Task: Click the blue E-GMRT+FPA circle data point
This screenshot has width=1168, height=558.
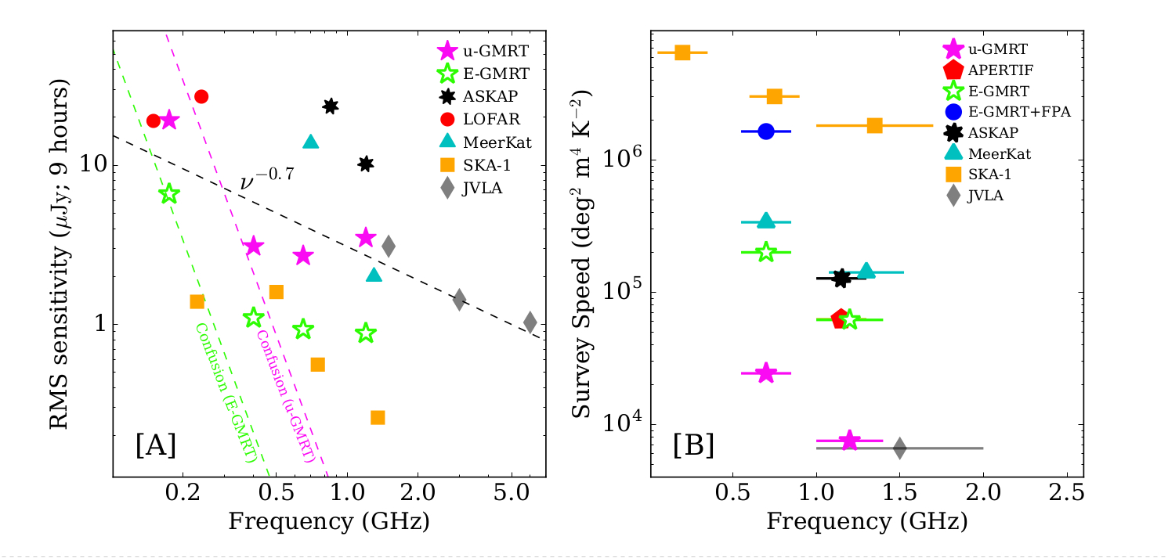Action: [x=766, y=131]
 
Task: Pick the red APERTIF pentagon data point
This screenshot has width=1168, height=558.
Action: [x=840, y=319]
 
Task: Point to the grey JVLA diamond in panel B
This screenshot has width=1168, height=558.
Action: [x=899, y=448]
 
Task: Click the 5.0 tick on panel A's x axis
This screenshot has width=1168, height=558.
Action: [x=512, y=497]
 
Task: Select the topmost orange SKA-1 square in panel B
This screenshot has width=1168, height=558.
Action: [x=682, y=52]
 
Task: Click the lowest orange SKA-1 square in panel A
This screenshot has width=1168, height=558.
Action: [x=378, y=417]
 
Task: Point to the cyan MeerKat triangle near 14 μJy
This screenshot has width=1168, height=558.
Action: [x=310, y=142]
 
